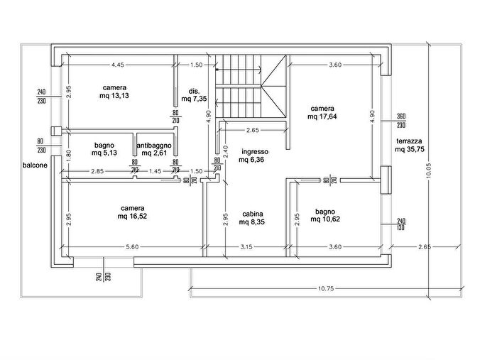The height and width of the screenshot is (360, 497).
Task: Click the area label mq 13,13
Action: pyautogui.click(x=114, y=96)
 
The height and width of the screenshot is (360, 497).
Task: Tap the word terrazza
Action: pyautogui.click(x=409, y=141)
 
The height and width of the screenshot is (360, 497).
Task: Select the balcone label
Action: pyautogui.click(x=35, y=165)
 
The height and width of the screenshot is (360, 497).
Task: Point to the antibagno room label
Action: pyautogui.click(x=154, y=146)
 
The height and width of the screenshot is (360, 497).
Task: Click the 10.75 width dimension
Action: pyautogui.click(x=326, y=288)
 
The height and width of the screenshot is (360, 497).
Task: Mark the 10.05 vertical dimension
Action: pyautogui.click(x=429, y=170)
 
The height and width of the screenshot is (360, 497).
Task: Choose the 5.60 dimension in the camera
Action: pyautogui.click(x=132, y=246)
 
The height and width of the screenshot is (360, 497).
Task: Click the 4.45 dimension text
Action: pyautogui.click(x=118, y=65)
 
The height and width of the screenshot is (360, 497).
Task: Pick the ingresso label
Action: pyautogui.click(x=255, y=152)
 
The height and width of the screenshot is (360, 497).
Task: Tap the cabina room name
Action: pyautogui.click(x=253, y=214)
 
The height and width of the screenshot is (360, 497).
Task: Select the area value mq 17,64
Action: pyautogui.click(x=322, y=116)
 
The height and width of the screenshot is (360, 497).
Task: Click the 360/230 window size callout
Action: pyautogui.click(x=401, y=121)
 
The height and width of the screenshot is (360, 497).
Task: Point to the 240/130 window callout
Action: pyautogui.click(x=401, y=224)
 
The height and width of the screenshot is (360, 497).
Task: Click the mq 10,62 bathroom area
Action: pyautogui.click(x=325, y=219)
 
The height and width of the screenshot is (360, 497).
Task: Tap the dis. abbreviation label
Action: pyautogui.click(x=194, y=92)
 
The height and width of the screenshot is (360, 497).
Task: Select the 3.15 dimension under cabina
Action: pyautogui.click(x=246, y=246)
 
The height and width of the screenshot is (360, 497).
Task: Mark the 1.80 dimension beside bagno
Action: pyautogui.click(x=69, y=156)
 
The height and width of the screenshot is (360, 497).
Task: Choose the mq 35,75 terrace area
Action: pyautogui.click(x=410, y=149)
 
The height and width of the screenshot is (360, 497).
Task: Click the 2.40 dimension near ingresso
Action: pyautogui.click(x=225, y=151)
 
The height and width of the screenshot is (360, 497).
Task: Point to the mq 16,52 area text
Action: pyautogui.click(x=132, y=217)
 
